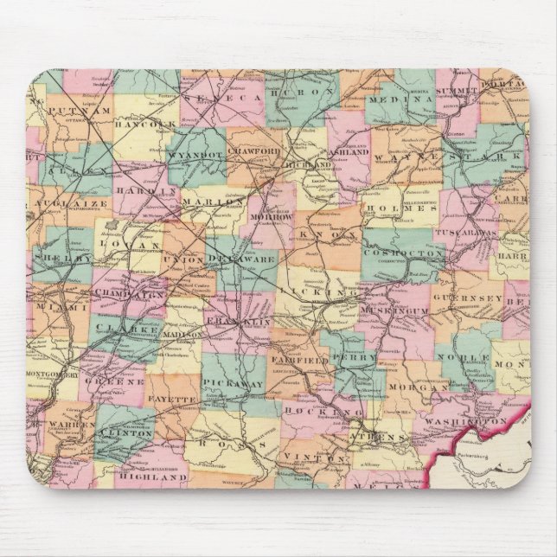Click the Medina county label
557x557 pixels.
(403, 99)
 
